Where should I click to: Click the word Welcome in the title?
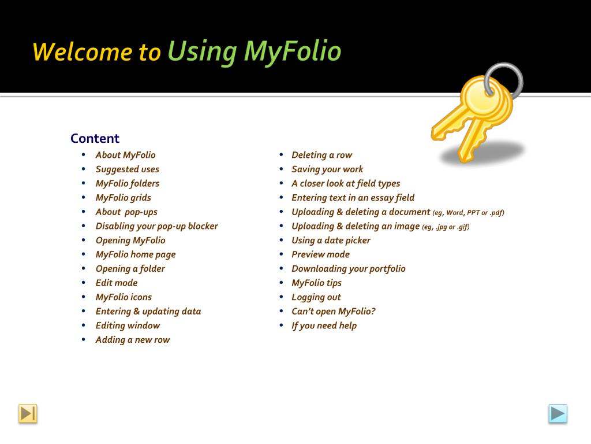83,51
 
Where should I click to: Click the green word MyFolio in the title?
293,51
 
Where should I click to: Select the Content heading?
95,138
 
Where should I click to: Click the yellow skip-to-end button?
28,413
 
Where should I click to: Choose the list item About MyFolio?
125,155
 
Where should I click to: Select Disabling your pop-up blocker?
157,226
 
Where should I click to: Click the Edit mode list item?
117,283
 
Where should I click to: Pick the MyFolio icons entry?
124,297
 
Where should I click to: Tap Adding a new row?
133,340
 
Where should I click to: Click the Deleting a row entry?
322,155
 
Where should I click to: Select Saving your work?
328,169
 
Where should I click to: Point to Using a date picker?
331,240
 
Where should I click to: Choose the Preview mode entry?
321,254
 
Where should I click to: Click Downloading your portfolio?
349,269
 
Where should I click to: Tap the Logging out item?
316,297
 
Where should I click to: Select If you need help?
324,325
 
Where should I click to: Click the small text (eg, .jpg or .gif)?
446,227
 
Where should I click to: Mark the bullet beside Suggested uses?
83,169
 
